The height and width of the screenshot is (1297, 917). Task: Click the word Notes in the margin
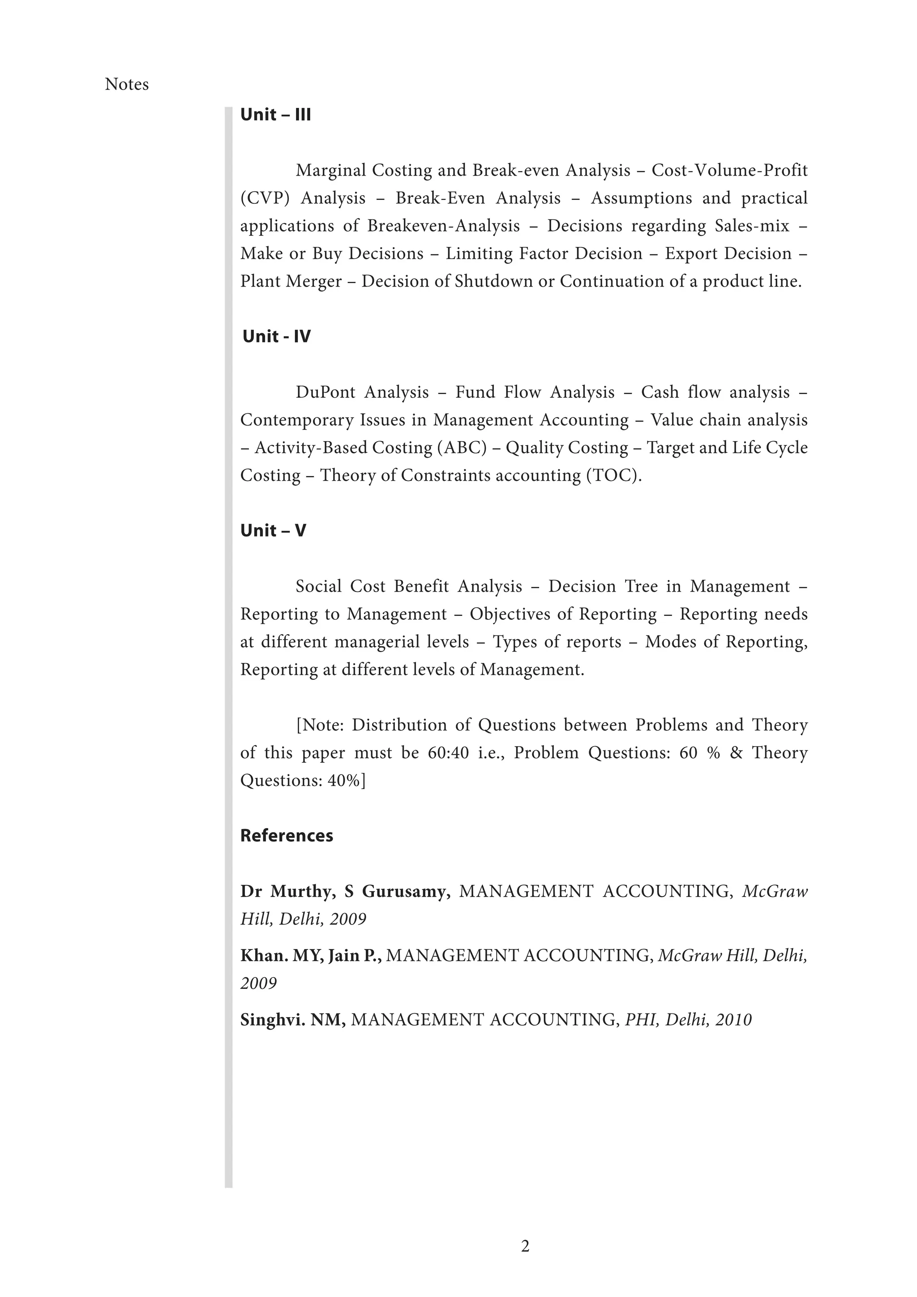click(126, 85)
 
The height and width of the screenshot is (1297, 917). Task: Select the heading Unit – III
click(275, 115)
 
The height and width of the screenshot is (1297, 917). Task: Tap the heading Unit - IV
click(276, 337)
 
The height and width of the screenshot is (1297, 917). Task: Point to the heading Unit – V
click(273, 530)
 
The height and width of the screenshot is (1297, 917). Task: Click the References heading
click(286, 835)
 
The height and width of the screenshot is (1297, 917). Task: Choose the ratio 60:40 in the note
click(448, 753)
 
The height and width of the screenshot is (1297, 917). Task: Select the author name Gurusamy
click(406, 891)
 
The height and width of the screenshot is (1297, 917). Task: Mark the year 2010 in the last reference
click(733, 1020)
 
